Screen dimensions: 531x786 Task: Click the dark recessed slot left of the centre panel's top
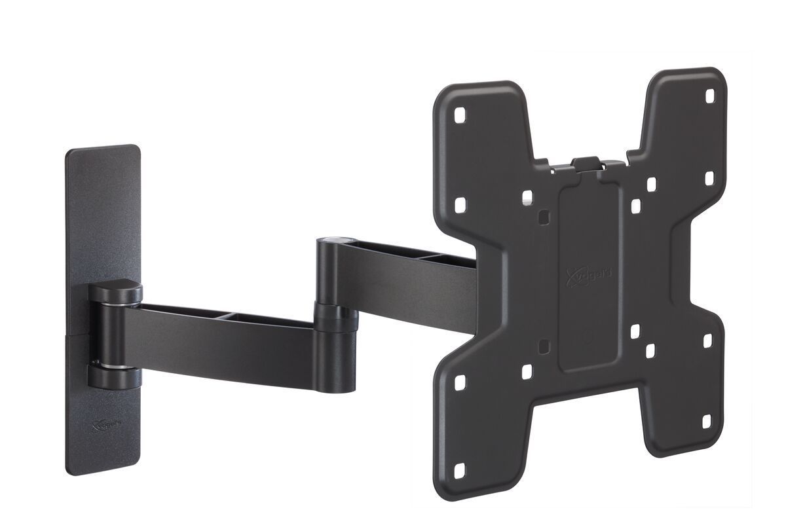[x=541, y=215]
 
